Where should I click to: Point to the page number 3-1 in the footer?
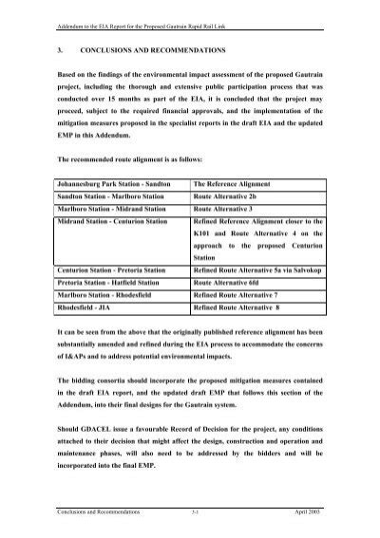pos(194,510)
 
